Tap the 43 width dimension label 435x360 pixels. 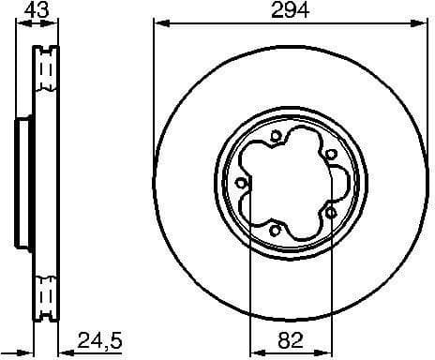click(x=37, y=12)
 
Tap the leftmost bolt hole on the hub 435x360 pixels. click(x=242, y=183)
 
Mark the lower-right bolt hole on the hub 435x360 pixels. click(x=332, y=212)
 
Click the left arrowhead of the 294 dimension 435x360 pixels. click(x=157, y=26)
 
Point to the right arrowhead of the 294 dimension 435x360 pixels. click(x=422, y=26)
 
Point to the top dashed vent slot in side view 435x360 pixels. click(x=43, y=70)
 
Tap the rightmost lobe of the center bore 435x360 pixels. click(x=330, y=184)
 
